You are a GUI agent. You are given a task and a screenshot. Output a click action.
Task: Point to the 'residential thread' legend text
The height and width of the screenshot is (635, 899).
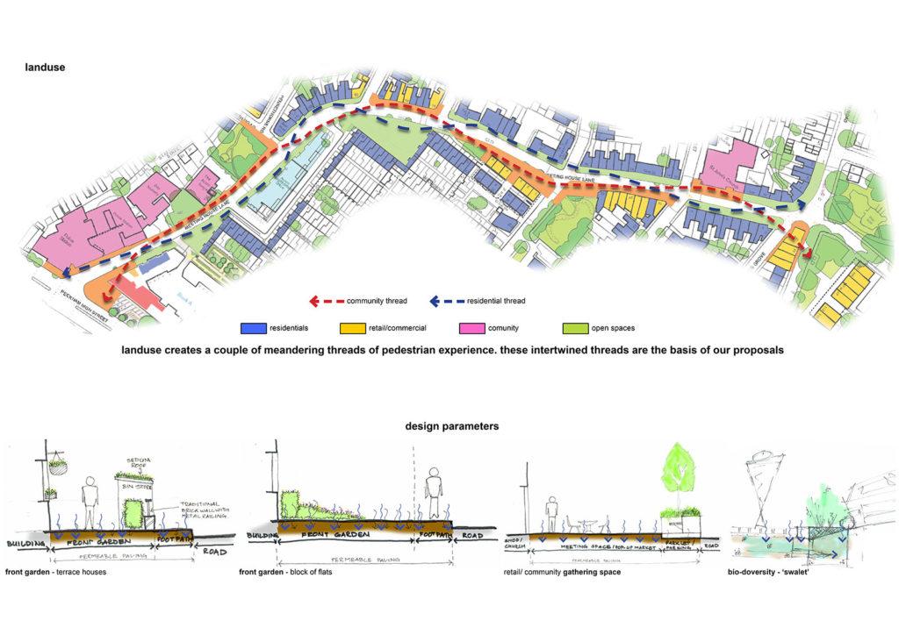[496, 301]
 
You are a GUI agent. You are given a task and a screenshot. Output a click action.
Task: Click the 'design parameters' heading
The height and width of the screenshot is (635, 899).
[452, 426]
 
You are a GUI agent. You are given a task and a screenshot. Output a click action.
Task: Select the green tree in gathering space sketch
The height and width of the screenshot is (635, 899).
[677, 472]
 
